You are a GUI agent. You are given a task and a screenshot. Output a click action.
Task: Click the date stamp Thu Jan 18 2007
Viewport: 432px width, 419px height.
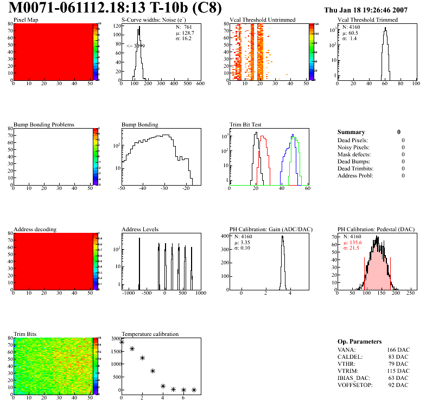click(373, 10)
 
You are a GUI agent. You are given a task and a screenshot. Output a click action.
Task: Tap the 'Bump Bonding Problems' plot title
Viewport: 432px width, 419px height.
click(44, 124)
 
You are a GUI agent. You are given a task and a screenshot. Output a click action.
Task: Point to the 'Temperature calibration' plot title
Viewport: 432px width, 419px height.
click(150, 334)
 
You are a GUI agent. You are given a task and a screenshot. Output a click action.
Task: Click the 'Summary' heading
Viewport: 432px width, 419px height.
click(351, 132)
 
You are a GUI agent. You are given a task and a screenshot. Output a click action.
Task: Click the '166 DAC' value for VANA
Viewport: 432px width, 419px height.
click(398, 350)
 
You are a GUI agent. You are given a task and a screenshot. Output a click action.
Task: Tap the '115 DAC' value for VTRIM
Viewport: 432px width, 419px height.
click(398, 371)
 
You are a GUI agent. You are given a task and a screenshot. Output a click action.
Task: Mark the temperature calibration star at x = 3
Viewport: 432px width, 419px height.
click(153, 371)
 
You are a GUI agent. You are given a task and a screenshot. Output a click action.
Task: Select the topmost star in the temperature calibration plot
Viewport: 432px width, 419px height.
click(122, 342)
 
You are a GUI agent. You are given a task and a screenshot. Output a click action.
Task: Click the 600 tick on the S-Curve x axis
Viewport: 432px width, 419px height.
click(200, 84)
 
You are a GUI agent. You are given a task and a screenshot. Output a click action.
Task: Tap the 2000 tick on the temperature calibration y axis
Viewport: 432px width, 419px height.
click(114, 339)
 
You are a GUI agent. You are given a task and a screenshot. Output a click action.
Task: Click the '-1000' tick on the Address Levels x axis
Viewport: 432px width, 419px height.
click(128, 293)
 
